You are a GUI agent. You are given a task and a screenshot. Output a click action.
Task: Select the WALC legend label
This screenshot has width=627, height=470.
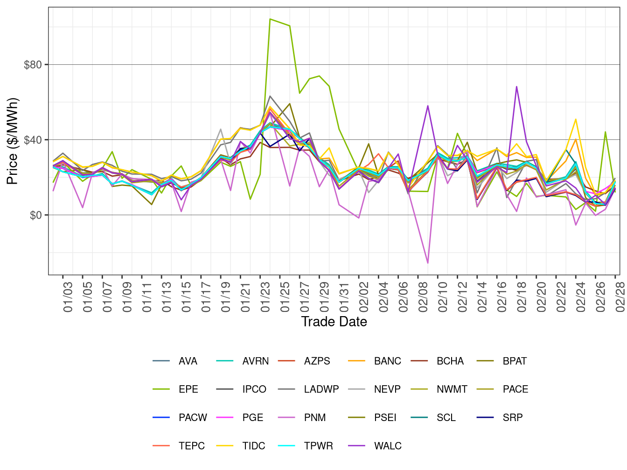pyautogui.click(x=387, y=446)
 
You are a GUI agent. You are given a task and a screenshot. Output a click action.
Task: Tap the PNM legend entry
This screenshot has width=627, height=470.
pyautogui.click(x=314, y=418)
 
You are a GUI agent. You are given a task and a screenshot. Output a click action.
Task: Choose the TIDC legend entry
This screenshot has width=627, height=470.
pyautogui.click(x=253, y=446)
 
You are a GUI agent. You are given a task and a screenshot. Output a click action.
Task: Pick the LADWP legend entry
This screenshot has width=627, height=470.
pyautogui.click(x=321, y=389)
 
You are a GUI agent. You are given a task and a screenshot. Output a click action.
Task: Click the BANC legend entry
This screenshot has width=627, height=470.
pyautogui.click(x=387, y=361)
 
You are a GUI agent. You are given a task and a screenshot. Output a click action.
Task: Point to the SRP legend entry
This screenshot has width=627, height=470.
pyautogui.click(x=512, y=418)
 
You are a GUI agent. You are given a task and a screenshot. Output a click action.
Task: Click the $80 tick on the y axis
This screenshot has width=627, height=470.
pyautogui.click(x=33, y=65)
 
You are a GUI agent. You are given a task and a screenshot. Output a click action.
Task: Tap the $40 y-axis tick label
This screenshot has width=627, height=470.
pyautogui.click(x=33, y=140)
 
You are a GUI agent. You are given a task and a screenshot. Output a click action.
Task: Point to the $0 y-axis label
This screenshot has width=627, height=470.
pyautogui.click(x=36, y=215)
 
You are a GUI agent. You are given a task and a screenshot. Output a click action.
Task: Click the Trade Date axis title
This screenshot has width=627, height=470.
pyautogui.click(x=334, y=322)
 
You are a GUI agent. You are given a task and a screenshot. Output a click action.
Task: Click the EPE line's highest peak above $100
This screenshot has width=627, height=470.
pyautogui.click(x=270, y=19)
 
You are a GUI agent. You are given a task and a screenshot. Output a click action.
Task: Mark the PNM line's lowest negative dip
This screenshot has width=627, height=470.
pyautogui.click(x=427, y=263)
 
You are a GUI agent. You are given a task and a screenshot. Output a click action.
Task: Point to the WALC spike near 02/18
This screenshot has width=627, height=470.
pyautogui.click(x=516, y=86)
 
